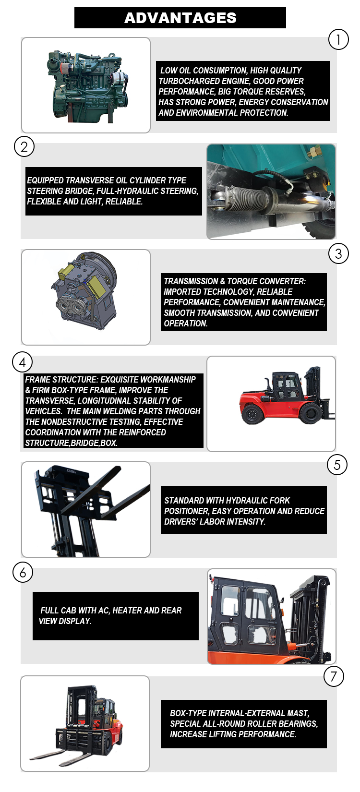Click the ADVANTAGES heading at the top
point(180,18)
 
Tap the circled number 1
point(338,39)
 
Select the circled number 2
point(24,146)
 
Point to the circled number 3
point(338,253)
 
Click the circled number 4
point(22,362)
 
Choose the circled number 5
point(337,465)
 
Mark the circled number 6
point(23,572)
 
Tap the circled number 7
point(334,677)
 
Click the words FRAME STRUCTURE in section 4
point(61,380)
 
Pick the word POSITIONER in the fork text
point(186,511)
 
